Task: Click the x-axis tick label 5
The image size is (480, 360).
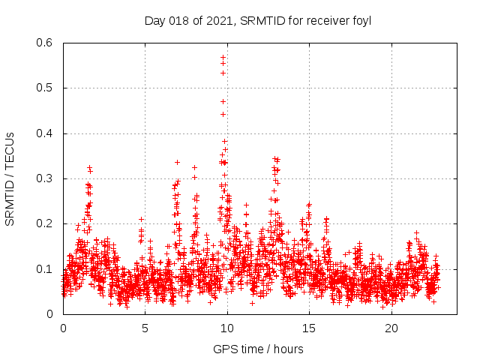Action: click(x=145, y=328)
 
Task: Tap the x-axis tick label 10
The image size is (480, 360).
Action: click(x=227, y=328)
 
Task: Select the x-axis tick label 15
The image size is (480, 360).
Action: click(x=309, y=328)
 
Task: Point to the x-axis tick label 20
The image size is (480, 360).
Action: click(x=391, y=328)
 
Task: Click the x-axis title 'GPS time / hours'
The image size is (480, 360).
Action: click(x=257, y=349)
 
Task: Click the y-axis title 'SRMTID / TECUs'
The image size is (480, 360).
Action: click(x=10, y=178)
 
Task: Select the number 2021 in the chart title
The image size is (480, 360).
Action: click(x=222, y=21)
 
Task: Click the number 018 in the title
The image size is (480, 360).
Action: click(x=179, y=21)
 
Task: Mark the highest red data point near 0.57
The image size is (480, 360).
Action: click(x=223, y=57)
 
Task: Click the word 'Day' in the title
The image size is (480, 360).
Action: click(x=154, y=21)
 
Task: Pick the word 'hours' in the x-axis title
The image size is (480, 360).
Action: click(x=286, y=349)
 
